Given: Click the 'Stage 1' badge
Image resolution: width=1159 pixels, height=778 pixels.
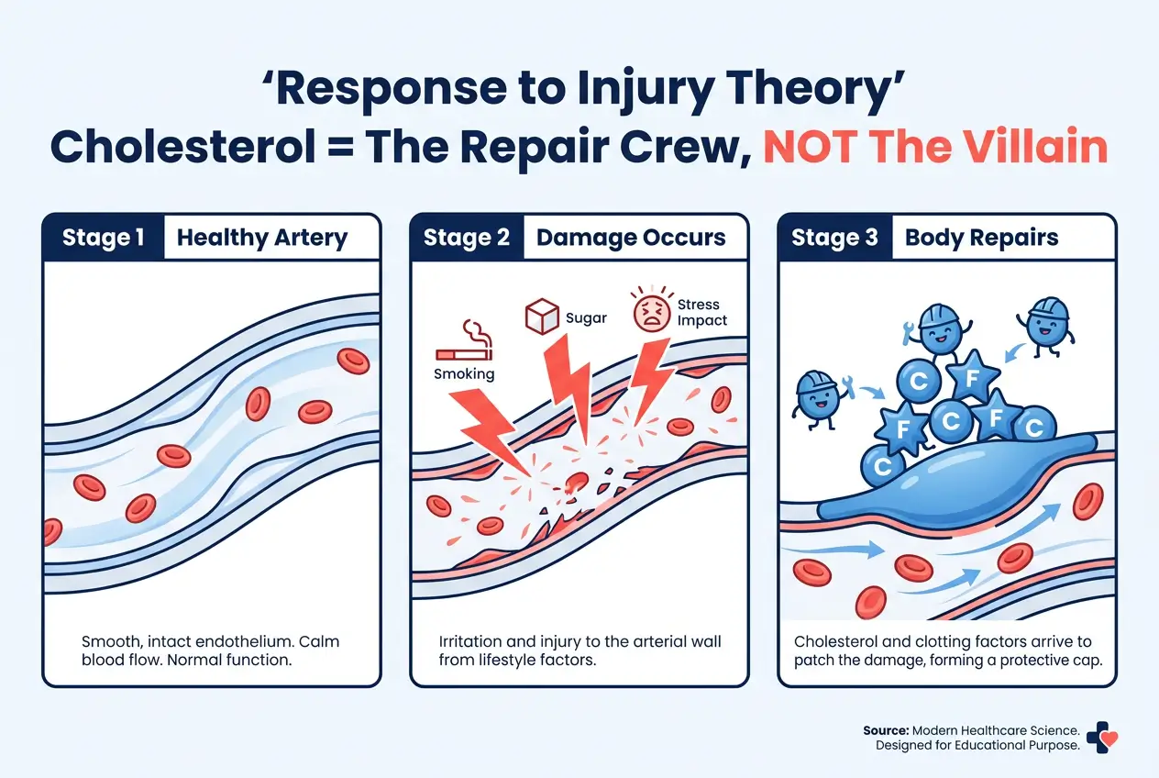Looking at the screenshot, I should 104,239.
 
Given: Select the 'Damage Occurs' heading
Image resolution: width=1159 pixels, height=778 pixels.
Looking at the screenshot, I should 631,239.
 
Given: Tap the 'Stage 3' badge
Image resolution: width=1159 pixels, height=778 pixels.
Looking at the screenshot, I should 834,239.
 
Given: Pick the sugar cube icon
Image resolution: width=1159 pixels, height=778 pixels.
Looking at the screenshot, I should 541,317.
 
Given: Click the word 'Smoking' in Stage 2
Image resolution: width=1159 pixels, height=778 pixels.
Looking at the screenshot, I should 464,373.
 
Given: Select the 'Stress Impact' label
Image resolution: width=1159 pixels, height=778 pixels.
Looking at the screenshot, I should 701,312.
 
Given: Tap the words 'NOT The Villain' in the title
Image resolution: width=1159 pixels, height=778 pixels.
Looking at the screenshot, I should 935,147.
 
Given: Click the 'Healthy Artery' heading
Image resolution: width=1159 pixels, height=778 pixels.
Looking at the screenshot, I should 262,239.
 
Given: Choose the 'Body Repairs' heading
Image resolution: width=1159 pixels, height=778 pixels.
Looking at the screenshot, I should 981,239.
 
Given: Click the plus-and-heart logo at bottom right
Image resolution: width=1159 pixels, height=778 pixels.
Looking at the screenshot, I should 1101,737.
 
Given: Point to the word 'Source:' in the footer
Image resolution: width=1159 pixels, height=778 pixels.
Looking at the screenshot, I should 885,730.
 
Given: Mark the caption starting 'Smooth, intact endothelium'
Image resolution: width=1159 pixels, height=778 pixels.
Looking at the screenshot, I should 210,650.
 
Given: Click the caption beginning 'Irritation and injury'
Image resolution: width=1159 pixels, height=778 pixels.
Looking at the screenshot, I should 579,650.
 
